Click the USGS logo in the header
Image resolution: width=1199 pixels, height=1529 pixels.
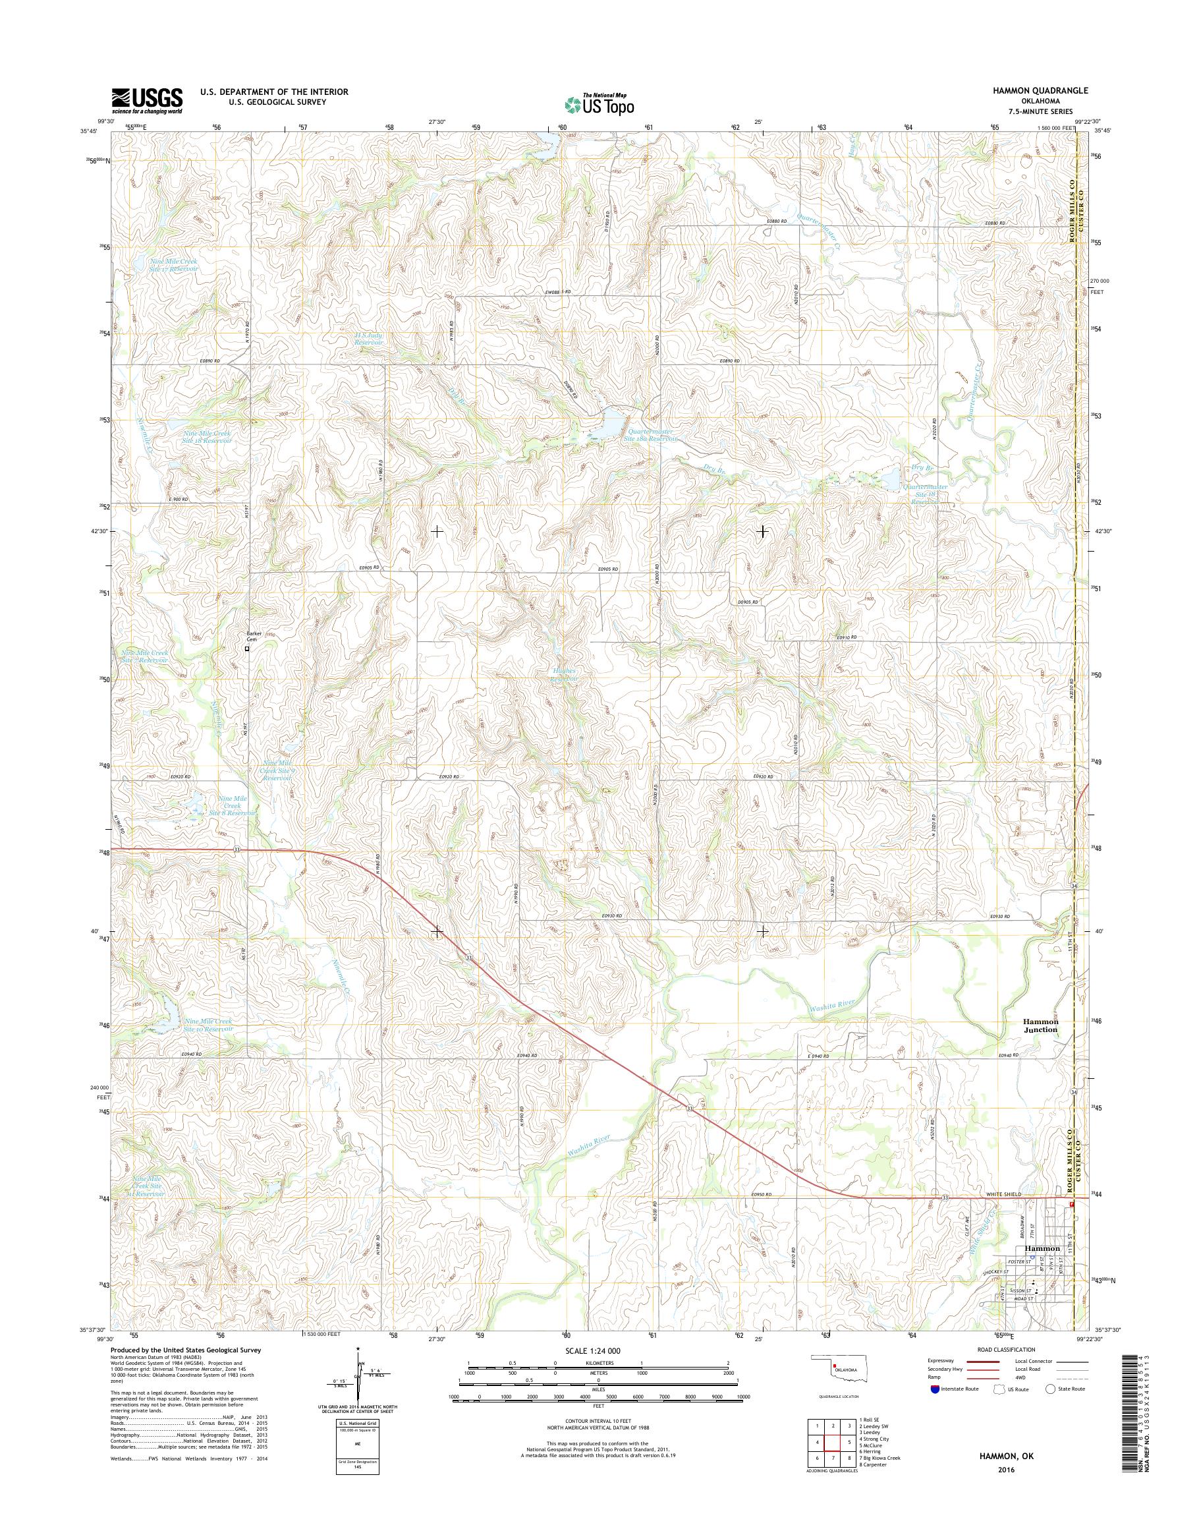pos(147,101)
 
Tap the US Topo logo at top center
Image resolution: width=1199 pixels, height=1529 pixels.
pos(599,104)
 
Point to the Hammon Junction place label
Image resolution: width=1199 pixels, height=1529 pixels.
pos(1039,1025)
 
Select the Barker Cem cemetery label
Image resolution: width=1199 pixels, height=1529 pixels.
pos(253,637)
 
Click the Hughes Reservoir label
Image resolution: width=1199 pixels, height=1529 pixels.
pos(564,675)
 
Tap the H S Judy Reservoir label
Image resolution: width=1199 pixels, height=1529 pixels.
pos(368,339)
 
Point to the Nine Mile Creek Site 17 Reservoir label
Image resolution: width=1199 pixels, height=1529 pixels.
pos(173,265)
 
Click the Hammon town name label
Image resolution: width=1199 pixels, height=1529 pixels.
pos(1042,1248)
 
